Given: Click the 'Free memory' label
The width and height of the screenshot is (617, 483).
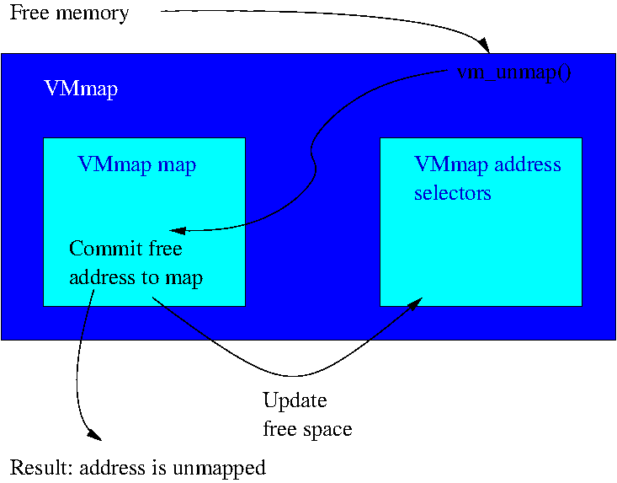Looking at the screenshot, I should pyautogui.click(x=69, y=13).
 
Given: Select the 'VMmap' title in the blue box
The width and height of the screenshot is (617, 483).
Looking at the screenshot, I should pyautogui.click(x=80, y=89).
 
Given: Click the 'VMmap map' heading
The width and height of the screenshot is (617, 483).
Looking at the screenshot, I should pyautogui.click(x=136, y=164).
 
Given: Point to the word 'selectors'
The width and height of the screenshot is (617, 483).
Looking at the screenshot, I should pyautogui.click(x=452, y=193).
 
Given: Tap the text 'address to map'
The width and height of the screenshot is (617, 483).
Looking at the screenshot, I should pyautogui.click(x=136, y=277).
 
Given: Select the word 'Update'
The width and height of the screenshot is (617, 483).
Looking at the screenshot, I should pyautogui.click(x=295, y=400).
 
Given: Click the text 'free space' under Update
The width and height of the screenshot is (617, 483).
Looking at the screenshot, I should pyautogui.click(x=307, y=429).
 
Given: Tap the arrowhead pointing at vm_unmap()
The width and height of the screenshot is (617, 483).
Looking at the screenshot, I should pyautogui.click(x=482, y=43).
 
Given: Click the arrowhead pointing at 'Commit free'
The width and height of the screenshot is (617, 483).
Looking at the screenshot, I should pyautogui.click(x=175, y=230).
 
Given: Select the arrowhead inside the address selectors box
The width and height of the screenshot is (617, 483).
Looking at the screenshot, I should pyautogui.click(x=417, y=301).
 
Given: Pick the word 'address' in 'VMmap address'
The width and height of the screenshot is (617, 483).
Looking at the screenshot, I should pyautogui.click(x=528, y=164).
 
